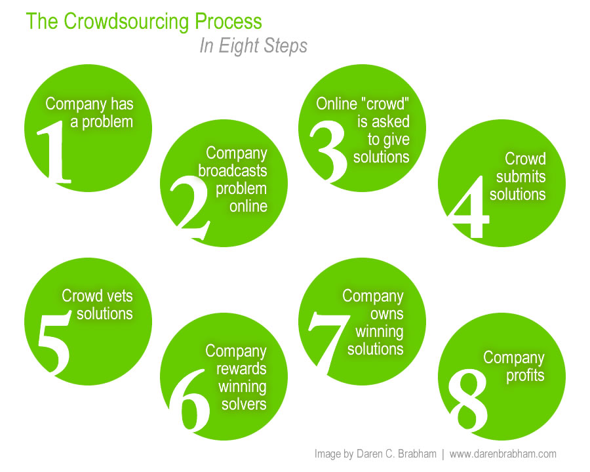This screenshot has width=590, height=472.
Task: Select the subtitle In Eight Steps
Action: [x=253, y=47]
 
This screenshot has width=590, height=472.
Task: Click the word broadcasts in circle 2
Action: [x=233, y=170]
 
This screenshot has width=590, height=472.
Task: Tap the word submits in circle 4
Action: [x=521, y=177]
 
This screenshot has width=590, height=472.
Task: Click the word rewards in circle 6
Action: [x=241, y=368]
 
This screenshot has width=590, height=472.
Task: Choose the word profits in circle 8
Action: [x=525, y=375]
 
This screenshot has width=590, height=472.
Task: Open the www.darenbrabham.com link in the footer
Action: [x=503, y=454]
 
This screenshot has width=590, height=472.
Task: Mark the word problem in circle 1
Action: [x=107, y=121]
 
